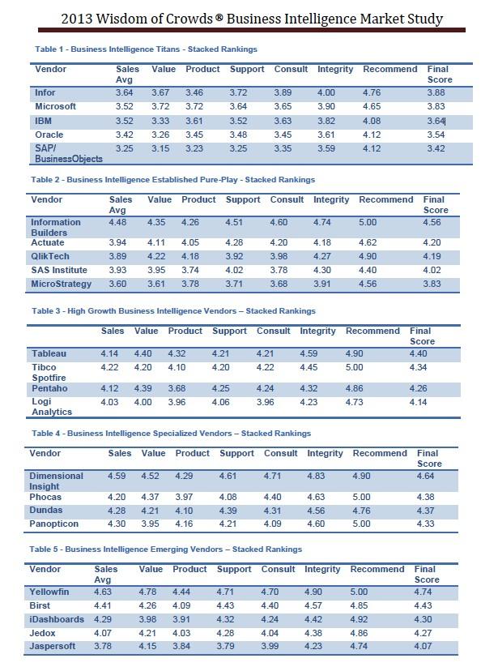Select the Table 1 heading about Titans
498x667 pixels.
coord(147,49)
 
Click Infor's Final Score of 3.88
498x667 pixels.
coord(436,92)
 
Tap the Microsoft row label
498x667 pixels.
coord(55,106)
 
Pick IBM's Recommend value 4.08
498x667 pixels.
coord(372,121)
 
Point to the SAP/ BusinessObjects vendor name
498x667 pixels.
coord(69,153)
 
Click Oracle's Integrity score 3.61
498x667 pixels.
coord(326,135)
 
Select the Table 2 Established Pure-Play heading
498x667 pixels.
coord(173,180)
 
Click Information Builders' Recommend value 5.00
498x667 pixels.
coord(368,223)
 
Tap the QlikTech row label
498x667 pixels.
coord(49,256)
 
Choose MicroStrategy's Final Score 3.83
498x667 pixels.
coord(432,284)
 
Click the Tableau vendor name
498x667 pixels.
coord(49,353)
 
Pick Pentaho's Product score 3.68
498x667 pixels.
coord(177,388)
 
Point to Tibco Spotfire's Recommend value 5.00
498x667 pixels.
coord(355,367)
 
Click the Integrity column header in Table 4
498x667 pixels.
coord(325,454)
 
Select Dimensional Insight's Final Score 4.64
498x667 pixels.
coord(426,476)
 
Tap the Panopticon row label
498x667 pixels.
coord(54,524)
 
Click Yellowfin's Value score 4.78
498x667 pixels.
coord(147,592)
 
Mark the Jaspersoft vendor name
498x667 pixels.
coord(53,646)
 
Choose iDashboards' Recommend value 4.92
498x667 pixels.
coord(359,619)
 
